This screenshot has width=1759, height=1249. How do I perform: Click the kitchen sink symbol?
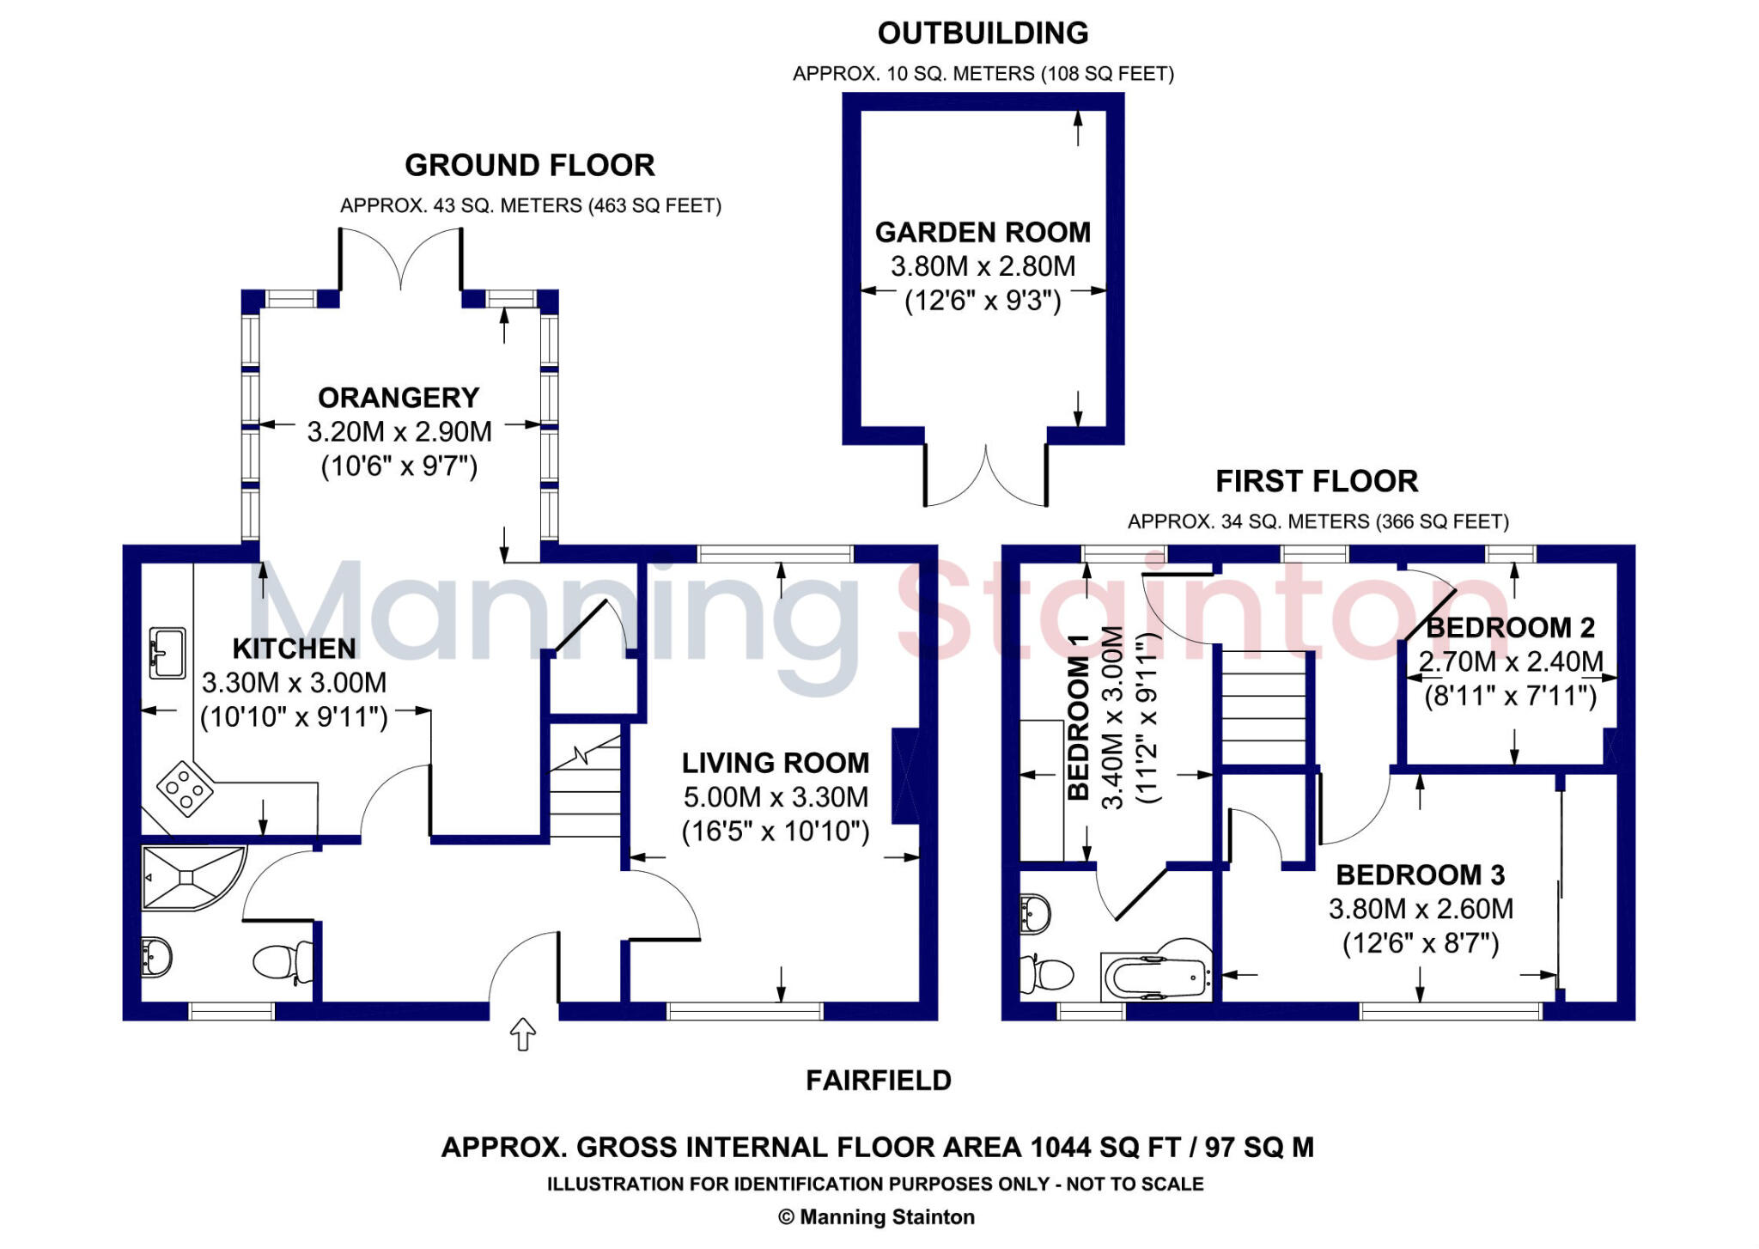pos(167,653)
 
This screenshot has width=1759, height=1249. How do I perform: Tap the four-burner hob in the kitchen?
pos(185,788)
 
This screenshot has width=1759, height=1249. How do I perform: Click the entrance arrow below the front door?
pos(523,1034)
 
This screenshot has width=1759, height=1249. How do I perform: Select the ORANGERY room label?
pos(399,398)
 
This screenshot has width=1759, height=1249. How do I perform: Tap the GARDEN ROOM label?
pos(983,232)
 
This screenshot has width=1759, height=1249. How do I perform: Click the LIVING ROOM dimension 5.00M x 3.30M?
pos(776,797)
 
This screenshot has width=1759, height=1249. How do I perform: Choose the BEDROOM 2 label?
pos(1510,628)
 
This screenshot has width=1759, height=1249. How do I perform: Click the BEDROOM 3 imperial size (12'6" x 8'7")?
pos(1421,944)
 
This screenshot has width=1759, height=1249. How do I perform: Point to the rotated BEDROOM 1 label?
pos(1078,717)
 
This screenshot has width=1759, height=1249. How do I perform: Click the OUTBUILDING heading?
pos(983,34)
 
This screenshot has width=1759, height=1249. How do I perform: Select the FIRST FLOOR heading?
pos(1317,481)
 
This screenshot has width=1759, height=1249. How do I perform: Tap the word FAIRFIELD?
pos(879,1080)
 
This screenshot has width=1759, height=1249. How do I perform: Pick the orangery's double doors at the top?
pos(401,258)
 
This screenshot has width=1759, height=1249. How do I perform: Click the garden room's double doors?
pos(986,478)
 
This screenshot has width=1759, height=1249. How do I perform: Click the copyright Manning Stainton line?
pos(876,1217)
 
